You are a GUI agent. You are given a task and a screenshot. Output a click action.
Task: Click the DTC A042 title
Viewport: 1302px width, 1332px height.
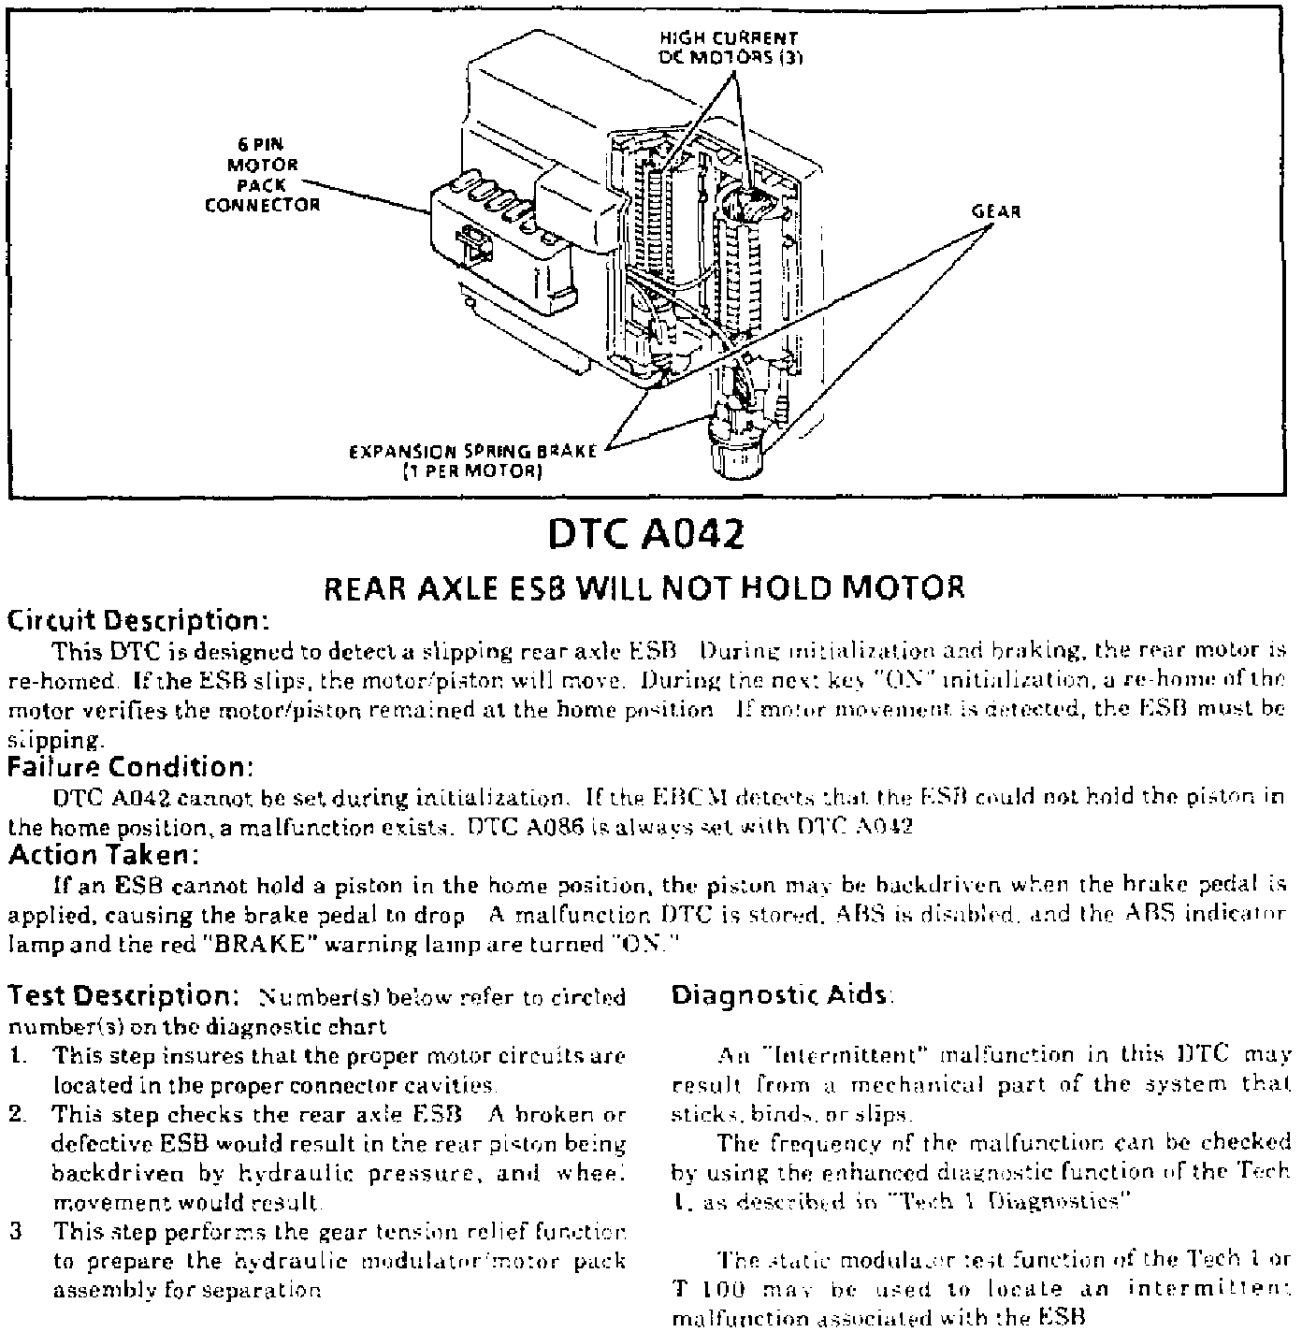point(646,535)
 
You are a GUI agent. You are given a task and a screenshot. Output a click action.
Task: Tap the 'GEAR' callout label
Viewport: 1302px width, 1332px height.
point(997,211)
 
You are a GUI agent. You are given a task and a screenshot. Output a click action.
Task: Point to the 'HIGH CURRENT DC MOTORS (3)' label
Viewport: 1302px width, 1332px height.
point(729,47)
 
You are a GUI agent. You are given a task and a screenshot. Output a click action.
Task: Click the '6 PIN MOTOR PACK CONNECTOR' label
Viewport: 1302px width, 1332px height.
point(262,175)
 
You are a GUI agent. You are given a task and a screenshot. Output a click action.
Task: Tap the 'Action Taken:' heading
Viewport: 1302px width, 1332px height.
point(104,855)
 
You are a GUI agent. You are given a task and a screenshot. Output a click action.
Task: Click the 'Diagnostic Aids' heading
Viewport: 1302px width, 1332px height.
point(780,995)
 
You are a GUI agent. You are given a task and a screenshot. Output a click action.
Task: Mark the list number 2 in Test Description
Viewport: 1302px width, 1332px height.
point(19,1115)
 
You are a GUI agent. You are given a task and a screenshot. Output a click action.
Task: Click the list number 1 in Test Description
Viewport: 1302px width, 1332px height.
point(19,1056)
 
